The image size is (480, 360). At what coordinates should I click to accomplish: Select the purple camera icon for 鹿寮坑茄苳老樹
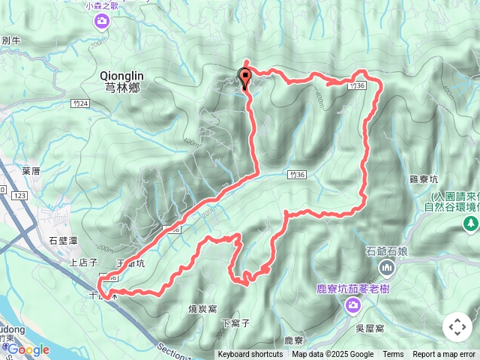353,304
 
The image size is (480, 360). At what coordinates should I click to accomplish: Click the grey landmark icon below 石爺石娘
387,267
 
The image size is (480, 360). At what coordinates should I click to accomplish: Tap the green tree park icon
470,223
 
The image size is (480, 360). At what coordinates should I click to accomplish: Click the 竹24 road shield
82,103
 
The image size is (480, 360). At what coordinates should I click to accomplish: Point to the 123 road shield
20,195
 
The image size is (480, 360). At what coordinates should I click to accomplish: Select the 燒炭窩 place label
202,307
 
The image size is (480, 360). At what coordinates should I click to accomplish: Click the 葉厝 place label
31,171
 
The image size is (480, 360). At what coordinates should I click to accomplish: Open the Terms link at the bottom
393,355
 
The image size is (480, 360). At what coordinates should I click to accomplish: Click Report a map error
444,355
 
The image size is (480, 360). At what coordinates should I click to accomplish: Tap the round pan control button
457,327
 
